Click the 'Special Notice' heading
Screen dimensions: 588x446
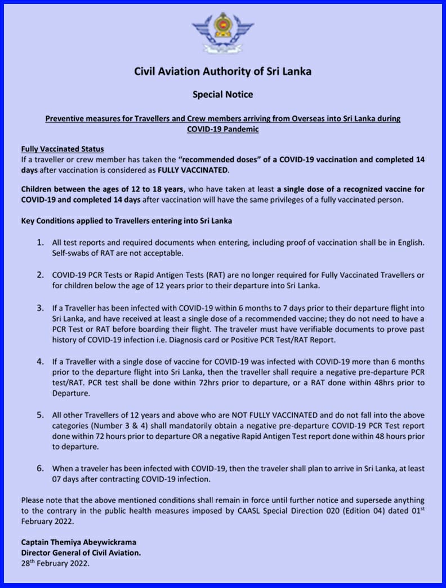pos(222,94)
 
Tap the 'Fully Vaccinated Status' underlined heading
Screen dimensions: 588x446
pos(63,149)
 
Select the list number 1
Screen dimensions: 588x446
pos(41,242)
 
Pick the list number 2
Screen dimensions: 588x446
pos(41,275)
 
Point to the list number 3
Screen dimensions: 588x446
pos(41,308)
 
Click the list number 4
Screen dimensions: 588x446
pos(41,361)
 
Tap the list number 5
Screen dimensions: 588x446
pos(41,415)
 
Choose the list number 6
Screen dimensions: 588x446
pos(41,468)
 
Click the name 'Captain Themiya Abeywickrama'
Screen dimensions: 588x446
pos(78,542)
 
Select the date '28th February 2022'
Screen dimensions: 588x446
pos(55,563)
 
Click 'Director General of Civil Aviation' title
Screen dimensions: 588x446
pos(81,553)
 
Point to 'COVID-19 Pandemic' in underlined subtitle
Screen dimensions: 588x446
pos(222,129)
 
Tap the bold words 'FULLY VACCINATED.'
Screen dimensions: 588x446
pos(193,170)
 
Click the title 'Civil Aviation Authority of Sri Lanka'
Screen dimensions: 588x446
pos(222,72)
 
